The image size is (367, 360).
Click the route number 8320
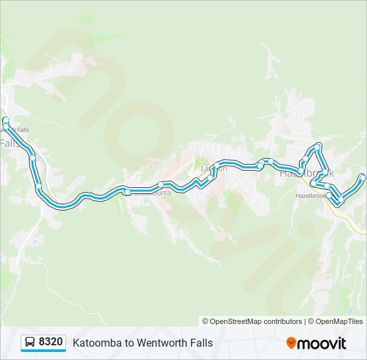tap(51, 343)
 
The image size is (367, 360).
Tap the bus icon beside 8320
tap(30, 343)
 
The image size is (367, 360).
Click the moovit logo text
tap(322, 343)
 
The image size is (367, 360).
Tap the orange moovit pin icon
tap(291, 343)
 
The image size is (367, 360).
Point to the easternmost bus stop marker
tap(363, 177)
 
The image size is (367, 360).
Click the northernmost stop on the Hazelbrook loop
tap(318, 145)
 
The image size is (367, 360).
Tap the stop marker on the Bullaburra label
tap(127, 192)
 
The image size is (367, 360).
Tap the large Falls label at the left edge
tap(9, 143)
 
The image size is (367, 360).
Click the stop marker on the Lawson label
tap(217, 165)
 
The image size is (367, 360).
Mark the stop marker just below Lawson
tap(210, 177)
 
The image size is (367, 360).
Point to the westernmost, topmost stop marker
tap(6, 121)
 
